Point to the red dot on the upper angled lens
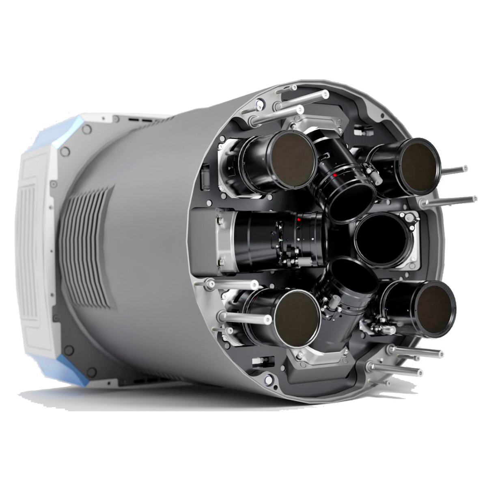(x=335, y=175)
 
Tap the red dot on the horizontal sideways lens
(x=299, y=219)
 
